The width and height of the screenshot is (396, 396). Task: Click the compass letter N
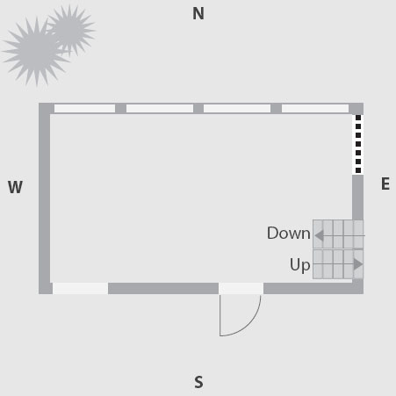pos(198,13)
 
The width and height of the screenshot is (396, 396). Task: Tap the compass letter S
pos(198,382)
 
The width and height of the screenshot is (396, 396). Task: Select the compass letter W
pos(15,187)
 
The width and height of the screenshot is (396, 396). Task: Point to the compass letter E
pos(385,184)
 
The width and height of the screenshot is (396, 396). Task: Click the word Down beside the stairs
pos(289,234)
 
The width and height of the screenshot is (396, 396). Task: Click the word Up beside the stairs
pos(299,265)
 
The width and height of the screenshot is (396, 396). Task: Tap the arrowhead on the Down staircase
pos(320,235)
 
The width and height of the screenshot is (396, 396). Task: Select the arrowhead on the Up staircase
pos(358,264)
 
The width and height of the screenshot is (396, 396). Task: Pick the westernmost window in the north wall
pos(84,109)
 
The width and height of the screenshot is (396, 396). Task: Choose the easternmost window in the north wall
pos(315,109)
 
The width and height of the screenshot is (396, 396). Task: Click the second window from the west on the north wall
pos(160,109)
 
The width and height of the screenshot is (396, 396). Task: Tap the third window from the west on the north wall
pos(237,109)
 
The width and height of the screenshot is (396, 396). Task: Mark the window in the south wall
pos(80,289)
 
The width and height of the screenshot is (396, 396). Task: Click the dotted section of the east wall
pos(358,144)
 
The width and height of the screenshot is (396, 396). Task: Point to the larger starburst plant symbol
pos(36,52)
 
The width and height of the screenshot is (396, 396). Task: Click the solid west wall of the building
pos(44,198)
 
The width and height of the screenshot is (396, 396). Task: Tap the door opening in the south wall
pos(241,289)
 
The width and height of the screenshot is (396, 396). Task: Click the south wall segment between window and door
pos(163,289)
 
